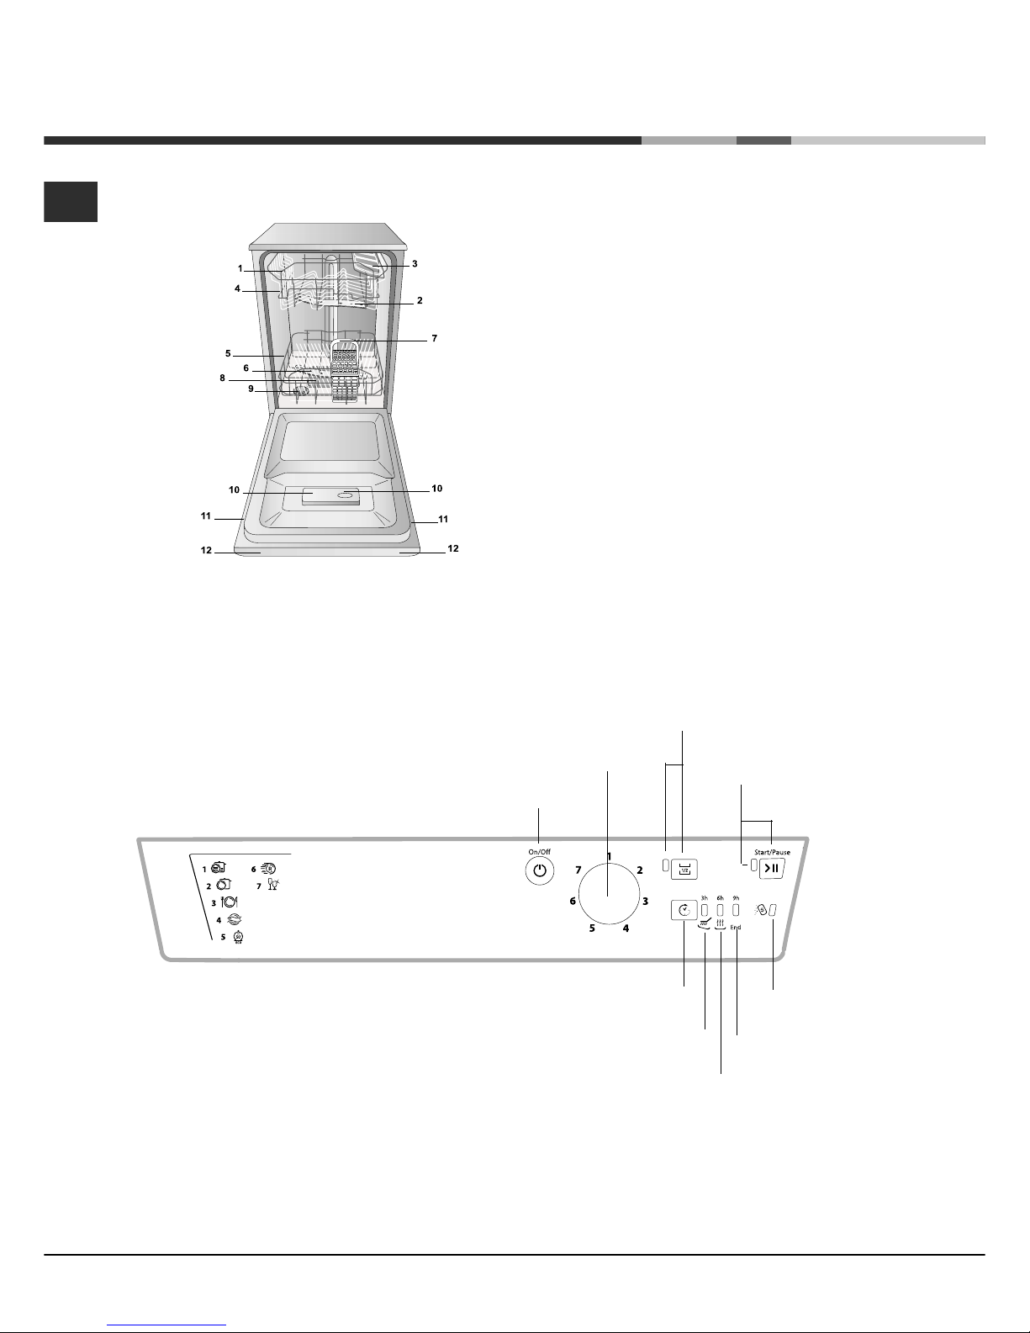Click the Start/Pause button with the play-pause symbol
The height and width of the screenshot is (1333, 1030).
(x=771, y=868)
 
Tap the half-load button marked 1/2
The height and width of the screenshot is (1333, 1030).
(x=684, y=870)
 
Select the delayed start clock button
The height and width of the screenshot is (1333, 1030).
(x=684, y=910)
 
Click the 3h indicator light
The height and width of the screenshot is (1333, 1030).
(x=705, y=910)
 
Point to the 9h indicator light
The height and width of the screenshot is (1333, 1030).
(x=736, y=910)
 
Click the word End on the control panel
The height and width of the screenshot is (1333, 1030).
(x=736, y=928)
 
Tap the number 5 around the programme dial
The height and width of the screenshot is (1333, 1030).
(x=592, y=928)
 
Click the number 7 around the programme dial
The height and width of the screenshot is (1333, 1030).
(x=578, y=870)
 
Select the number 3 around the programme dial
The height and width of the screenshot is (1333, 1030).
(x=645, y=901)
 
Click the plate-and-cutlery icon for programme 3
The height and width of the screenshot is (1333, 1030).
(x=230, y=902)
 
